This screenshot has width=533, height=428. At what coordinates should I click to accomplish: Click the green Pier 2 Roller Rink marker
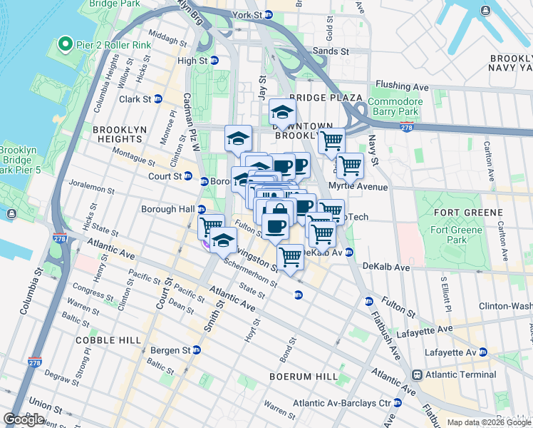click(x=65, y=45)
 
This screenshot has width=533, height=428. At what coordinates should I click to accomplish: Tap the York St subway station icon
click(x=268, y=14)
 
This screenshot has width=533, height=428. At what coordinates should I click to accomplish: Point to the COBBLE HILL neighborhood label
click(x=110, y=340)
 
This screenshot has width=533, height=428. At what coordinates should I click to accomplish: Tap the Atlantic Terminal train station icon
click(x=418, y=374)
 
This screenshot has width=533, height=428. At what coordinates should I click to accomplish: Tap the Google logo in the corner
click(x=24, y=419)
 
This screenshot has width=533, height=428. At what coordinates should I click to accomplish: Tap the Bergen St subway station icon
click(x=196, y=350)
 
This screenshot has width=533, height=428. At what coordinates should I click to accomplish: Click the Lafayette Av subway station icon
click(x=482, y=352)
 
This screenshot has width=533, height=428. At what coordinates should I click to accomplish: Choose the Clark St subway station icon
click(x=158, y=99)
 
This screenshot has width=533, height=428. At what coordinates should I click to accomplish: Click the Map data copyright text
click(x=489, y=422)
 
